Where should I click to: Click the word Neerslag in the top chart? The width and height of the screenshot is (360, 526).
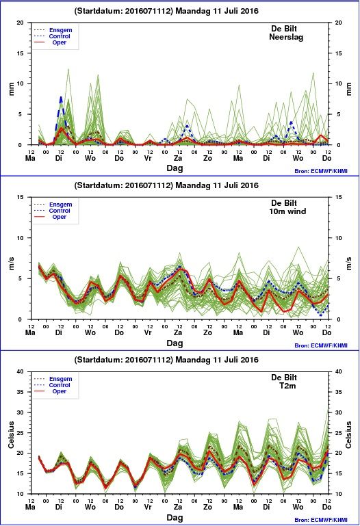[x=286, y=37]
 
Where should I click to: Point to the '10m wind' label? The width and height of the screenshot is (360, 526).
[x=287, y=211]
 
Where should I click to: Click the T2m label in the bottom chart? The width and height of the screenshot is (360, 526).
[x=287, y=386]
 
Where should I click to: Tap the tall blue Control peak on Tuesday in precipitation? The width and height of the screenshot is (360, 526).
[x=61, y=97]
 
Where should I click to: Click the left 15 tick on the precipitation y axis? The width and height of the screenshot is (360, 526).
[x=20, y=53]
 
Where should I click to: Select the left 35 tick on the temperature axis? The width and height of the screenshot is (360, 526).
[x=20, y=392]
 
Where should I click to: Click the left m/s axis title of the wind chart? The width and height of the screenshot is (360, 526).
[x=11, y=263]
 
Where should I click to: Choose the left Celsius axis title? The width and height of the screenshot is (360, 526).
[x=11, y=435]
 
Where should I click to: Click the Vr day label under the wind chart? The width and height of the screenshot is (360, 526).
[x=148, y=333]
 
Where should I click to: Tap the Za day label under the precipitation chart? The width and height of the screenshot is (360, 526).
[x=178, y=158]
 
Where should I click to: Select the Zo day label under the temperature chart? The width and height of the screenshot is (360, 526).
[x=207, y=507]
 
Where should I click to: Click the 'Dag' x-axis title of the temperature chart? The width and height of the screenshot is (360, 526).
[x=175, y=518]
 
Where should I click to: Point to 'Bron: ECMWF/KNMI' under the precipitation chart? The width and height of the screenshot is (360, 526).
[x=321, y=171]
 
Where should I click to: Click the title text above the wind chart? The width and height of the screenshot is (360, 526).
[x=166, y=185]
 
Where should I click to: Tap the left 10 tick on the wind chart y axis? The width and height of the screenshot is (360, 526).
[x=20, y=238]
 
